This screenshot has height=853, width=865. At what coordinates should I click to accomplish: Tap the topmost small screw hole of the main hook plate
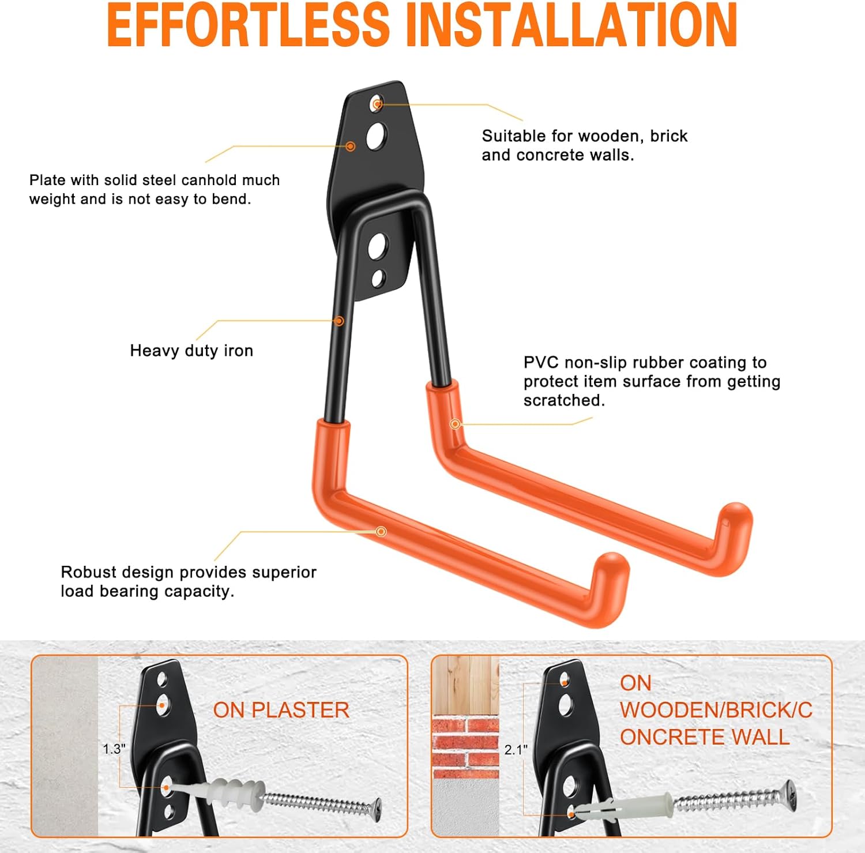click(x=377, y=104)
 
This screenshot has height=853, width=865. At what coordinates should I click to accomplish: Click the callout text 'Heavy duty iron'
click(x=191, y=351)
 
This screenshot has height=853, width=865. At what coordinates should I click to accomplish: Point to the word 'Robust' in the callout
click(x=89, y=572)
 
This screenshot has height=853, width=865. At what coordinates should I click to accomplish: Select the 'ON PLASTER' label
click(x=281, y=710)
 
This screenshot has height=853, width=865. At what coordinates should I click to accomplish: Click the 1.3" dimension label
click(x=114, y=749)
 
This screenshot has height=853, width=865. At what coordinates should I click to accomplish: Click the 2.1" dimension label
click(x=516, y=750)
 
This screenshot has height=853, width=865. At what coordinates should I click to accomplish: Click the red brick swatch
click(x=465, y=747)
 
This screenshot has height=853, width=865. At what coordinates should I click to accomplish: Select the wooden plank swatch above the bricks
click(x=465, y=686)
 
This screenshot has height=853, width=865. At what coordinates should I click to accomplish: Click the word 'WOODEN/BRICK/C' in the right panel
click(x=716, y=710)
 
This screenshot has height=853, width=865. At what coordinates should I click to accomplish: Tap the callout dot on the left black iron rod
click(x=339, y=321)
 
